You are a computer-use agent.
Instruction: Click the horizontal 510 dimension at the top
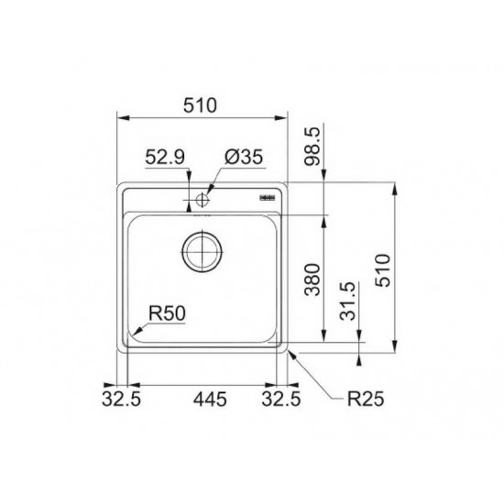pos(200,105)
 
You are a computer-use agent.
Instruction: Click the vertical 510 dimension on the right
pos(384,270)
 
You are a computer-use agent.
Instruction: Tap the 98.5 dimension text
pos(312,146)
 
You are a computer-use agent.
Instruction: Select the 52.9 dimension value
pos(165,158)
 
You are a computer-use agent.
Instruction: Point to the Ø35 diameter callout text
pos(244,157)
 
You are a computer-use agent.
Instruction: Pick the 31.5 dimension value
pos(348,301)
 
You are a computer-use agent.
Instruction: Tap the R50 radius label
pos(167,313)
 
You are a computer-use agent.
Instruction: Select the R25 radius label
pos(366,400)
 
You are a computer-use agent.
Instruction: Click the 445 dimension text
pos(210,400)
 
